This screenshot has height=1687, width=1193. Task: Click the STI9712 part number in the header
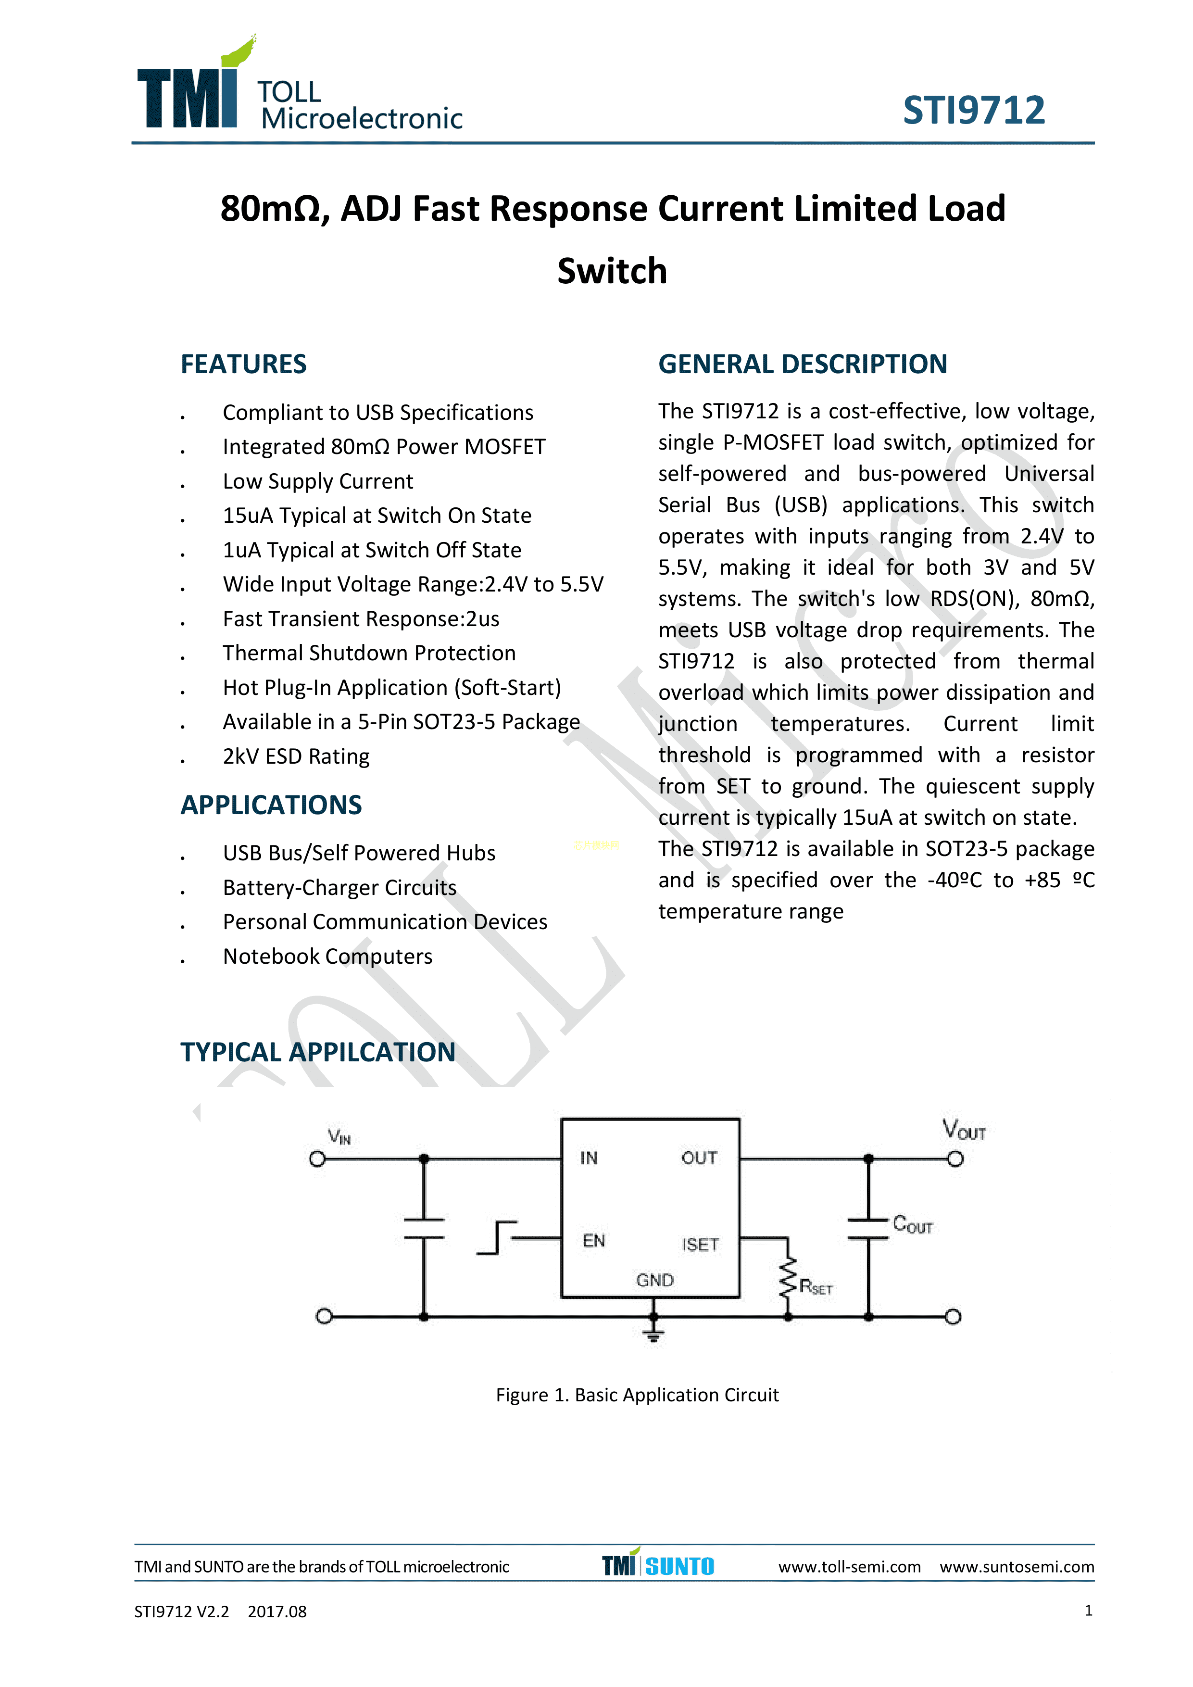coord(973,111)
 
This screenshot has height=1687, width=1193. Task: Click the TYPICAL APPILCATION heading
coord(317,1052)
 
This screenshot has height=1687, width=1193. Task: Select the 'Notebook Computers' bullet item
coord(327,957)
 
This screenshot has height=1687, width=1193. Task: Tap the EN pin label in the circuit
coord(593,1241)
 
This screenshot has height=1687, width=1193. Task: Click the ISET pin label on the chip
coord(699,1245)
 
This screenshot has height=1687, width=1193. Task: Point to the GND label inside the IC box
coord(654,1281)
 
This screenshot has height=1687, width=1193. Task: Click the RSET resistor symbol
coord(788,1279)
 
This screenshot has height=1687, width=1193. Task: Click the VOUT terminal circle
coord(955,1159)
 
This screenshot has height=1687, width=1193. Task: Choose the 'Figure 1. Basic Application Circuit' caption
coord(637,1395)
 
